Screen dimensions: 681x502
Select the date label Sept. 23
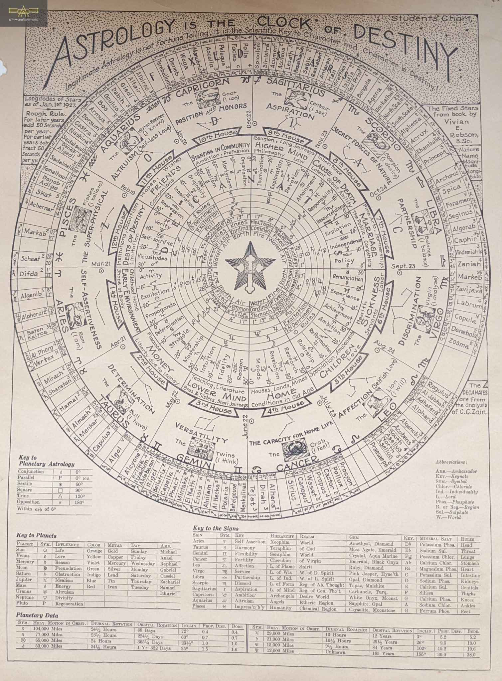[403, 266]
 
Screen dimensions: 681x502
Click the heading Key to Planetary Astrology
[46, 461]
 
